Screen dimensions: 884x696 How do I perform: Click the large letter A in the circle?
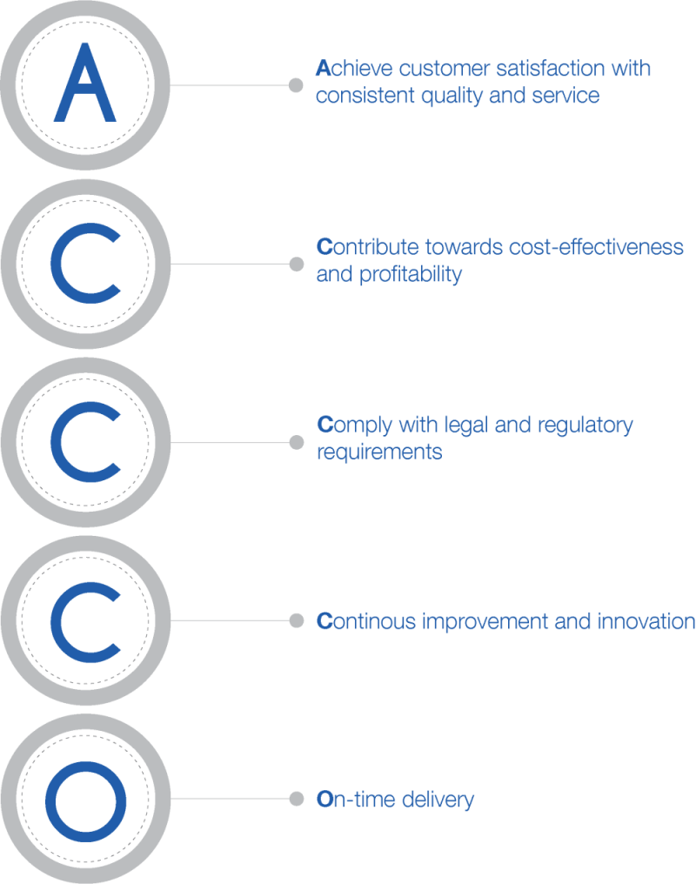point(84,84)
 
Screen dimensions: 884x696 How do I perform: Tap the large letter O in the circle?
point(84,798)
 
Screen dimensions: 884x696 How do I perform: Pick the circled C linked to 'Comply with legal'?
point(84,442)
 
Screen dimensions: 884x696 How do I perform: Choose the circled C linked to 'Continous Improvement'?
point(84,620)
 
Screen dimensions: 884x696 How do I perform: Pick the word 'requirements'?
point(378,452)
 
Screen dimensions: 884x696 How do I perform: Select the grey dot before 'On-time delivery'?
point(296,798)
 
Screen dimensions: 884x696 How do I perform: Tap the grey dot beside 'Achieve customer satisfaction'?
point(296,85)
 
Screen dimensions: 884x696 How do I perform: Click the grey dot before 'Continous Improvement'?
point(296,620)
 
